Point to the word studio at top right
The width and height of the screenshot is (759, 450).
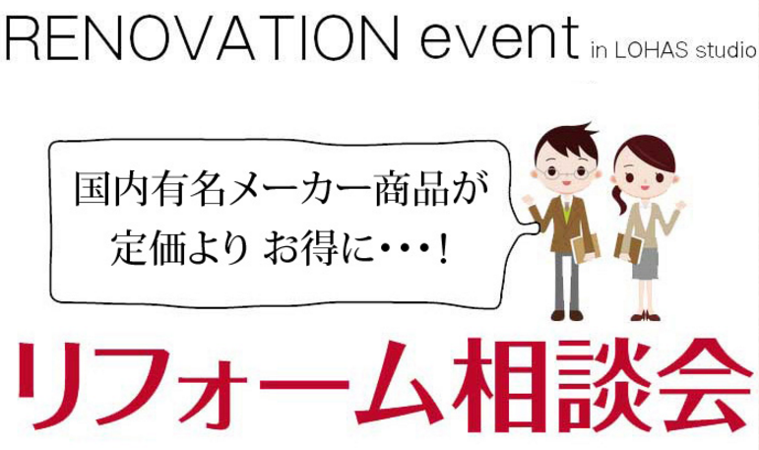pyautogui.click(x=724, y=51)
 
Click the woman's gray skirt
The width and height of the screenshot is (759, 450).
pyautogui.click(x=646, y=261)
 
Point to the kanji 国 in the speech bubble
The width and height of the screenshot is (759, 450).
pyautogui.click(x=94, y=190)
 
